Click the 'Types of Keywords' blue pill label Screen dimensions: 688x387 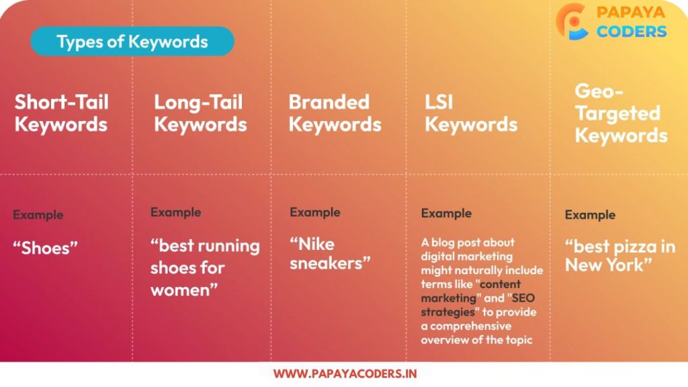[x=132, y=41]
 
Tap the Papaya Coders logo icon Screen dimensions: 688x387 [x=571, y=22]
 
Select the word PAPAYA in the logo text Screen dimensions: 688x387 [x=631, y=12]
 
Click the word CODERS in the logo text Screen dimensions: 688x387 [x=632, y=32]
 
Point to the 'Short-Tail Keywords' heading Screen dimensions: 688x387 [x=61, y=113]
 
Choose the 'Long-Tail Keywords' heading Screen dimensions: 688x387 [x=200, y=113]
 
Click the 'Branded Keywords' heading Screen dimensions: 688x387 [x=335, y=113]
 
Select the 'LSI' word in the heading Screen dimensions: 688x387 [x=438, y=102]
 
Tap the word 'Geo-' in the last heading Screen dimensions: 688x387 [x=599, y=91]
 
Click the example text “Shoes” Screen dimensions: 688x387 [x=45, y=248]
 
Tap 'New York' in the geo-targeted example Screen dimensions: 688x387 [x=605, y=265]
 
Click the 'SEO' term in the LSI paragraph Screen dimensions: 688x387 [x=523, y=298]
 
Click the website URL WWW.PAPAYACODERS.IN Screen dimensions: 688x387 [x=345, y=374]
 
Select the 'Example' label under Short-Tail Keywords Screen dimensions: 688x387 [x=38, y=215]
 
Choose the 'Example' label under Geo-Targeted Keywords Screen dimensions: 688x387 [x=590, y=215]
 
